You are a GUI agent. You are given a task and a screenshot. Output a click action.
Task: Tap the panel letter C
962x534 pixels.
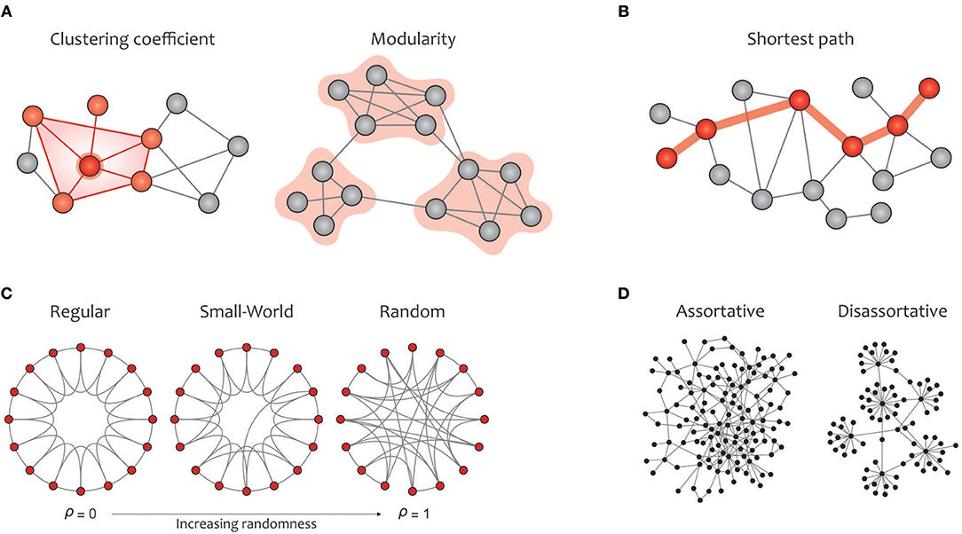tap(10, 291)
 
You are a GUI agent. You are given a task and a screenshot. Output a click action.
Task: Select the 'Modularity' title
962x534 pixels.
tap(385, 40)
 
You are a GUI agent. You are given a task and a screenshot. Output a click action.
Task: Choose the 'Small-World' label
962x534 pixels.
tap(243, 313)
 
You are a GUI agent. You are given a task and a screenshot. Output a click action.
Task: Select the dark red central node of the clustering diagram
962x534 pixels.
tap(89, 165)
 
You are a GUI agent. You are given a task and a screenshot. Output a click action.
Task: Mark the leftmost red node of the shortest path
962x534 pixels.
tap(666, 159)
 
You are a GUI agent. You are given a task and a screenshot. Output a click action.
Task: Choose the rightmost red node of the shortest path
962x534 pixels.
tap(928, 88)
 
